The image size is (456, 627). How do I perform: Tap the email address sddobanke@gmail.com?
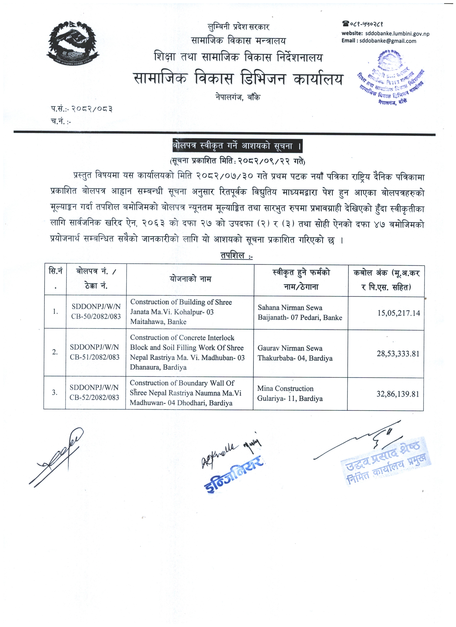click(x=387, y=41)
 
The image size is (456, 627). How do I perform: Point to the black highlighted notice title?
click(x=237, y=146)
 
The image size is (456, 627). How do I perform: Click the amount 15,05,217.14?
click(x=398, y=313)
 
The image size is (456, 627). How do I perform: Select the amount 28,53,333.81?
click(x=398, y=354)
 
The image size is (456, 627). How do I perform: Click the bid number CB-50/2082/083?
click(x=96, y=317)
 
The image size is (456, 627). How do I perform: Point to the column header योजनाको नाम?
click(x=190, y=279)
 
